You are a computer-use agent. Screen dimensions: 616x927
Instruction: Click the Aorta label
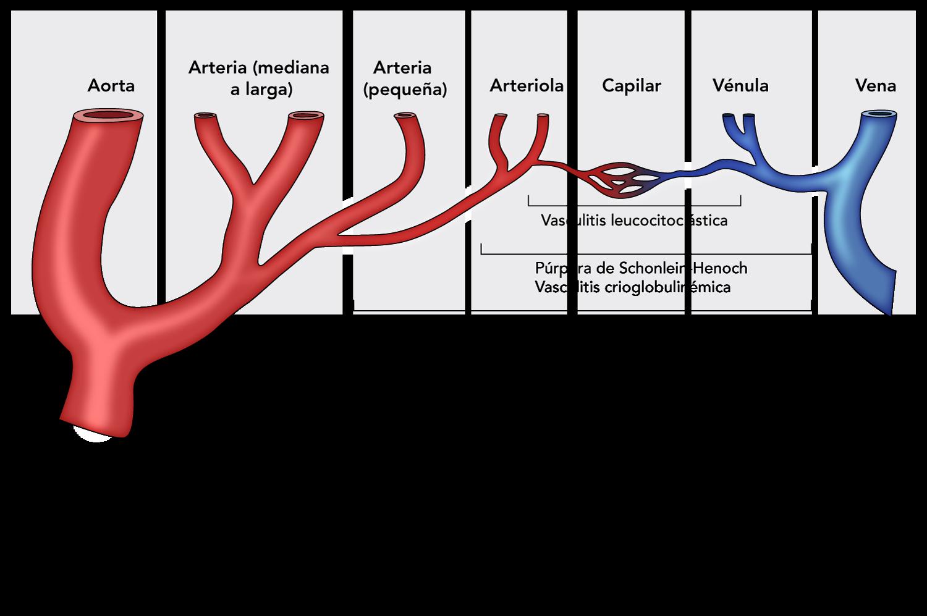point(111,85)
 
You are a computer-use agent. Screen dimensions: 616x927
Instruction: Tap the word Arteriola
point(527,85)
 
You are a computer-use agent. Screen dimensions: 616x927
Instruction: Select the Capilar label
point(631,85)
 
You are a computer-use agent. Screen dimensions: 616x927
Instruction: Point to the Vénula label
point(740,85)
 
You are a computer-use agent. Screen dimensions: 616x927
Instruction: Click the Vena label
point(875,85)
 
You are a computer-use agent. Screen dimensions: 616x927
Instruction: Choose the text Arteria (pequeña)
point(405,78)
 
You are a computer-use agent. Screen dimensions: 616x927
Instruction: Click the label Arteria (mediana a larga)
point(259,78)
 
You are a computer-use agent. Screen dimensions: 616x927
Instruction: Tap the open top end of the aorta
point(108,116)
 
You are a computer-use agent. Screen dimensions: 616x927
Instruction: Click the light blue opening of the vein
point(880,115)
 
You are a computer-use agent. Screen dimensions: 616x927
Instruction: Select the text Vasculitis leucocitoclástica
point(633,220)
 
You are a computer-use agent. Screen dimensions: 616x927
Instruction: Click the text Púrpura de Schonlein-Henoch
point(641,269)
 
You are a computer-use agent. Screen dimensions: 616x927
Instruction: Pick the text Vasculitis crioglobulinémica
point(632,287)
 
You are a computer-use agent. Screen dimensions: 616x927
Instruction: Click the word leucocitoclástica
point(669,220)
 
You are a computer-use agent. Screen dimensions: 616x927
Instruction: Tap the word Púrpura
point(559,269)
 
